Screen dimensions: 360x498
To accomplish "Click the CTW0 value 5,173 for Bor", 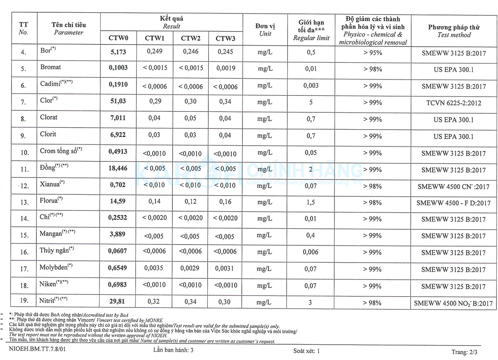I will tap(118, 52).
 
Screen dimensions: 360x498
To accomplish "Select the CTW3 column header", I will tap(225, 38).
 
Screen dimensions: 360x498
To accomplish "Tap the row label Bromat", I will tap(51, 67).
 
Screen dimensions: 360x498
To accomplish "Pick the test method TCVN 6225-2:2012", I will tap(454, 103).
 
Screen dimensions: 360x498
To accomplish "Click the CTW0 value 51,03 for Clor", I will tap(118, 101).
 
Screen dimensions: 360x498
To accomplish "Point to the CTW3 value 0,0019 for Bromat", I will tap(225, 68).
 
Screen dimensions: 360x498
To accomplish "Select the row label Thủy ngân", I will tap(55, 250).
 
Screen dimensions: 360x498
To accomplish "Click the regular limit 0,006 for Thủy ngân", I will tap(310, 252).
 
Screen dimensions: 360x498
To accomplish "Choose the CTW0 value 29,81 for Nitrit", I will tap(117, 301).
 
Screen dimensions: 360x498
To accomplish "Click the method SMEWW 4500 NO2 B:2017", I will tap(453, 303).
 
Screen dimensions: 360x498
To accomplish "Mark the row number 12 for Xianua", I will tap(25, 186).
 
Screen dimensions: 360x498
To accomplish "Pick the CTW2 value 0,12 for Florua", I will tap(190, 201).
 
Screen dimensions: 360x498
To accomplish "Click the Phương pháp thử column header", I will tap(454, 31).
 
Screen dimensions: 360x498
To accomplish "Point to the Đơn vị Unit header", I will tap(265, 30).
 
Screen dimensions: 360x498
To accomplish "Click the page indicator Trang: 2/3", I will tap(464, 352).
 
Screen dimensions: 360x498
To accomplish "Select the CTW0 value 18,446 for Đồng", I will tap(118, 168).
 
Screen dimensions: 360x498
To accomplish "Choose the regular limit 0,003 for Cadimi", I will tap(311, 85).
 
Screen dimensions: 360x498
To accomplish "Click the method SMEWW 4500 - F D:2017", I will tap(453, 203).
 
